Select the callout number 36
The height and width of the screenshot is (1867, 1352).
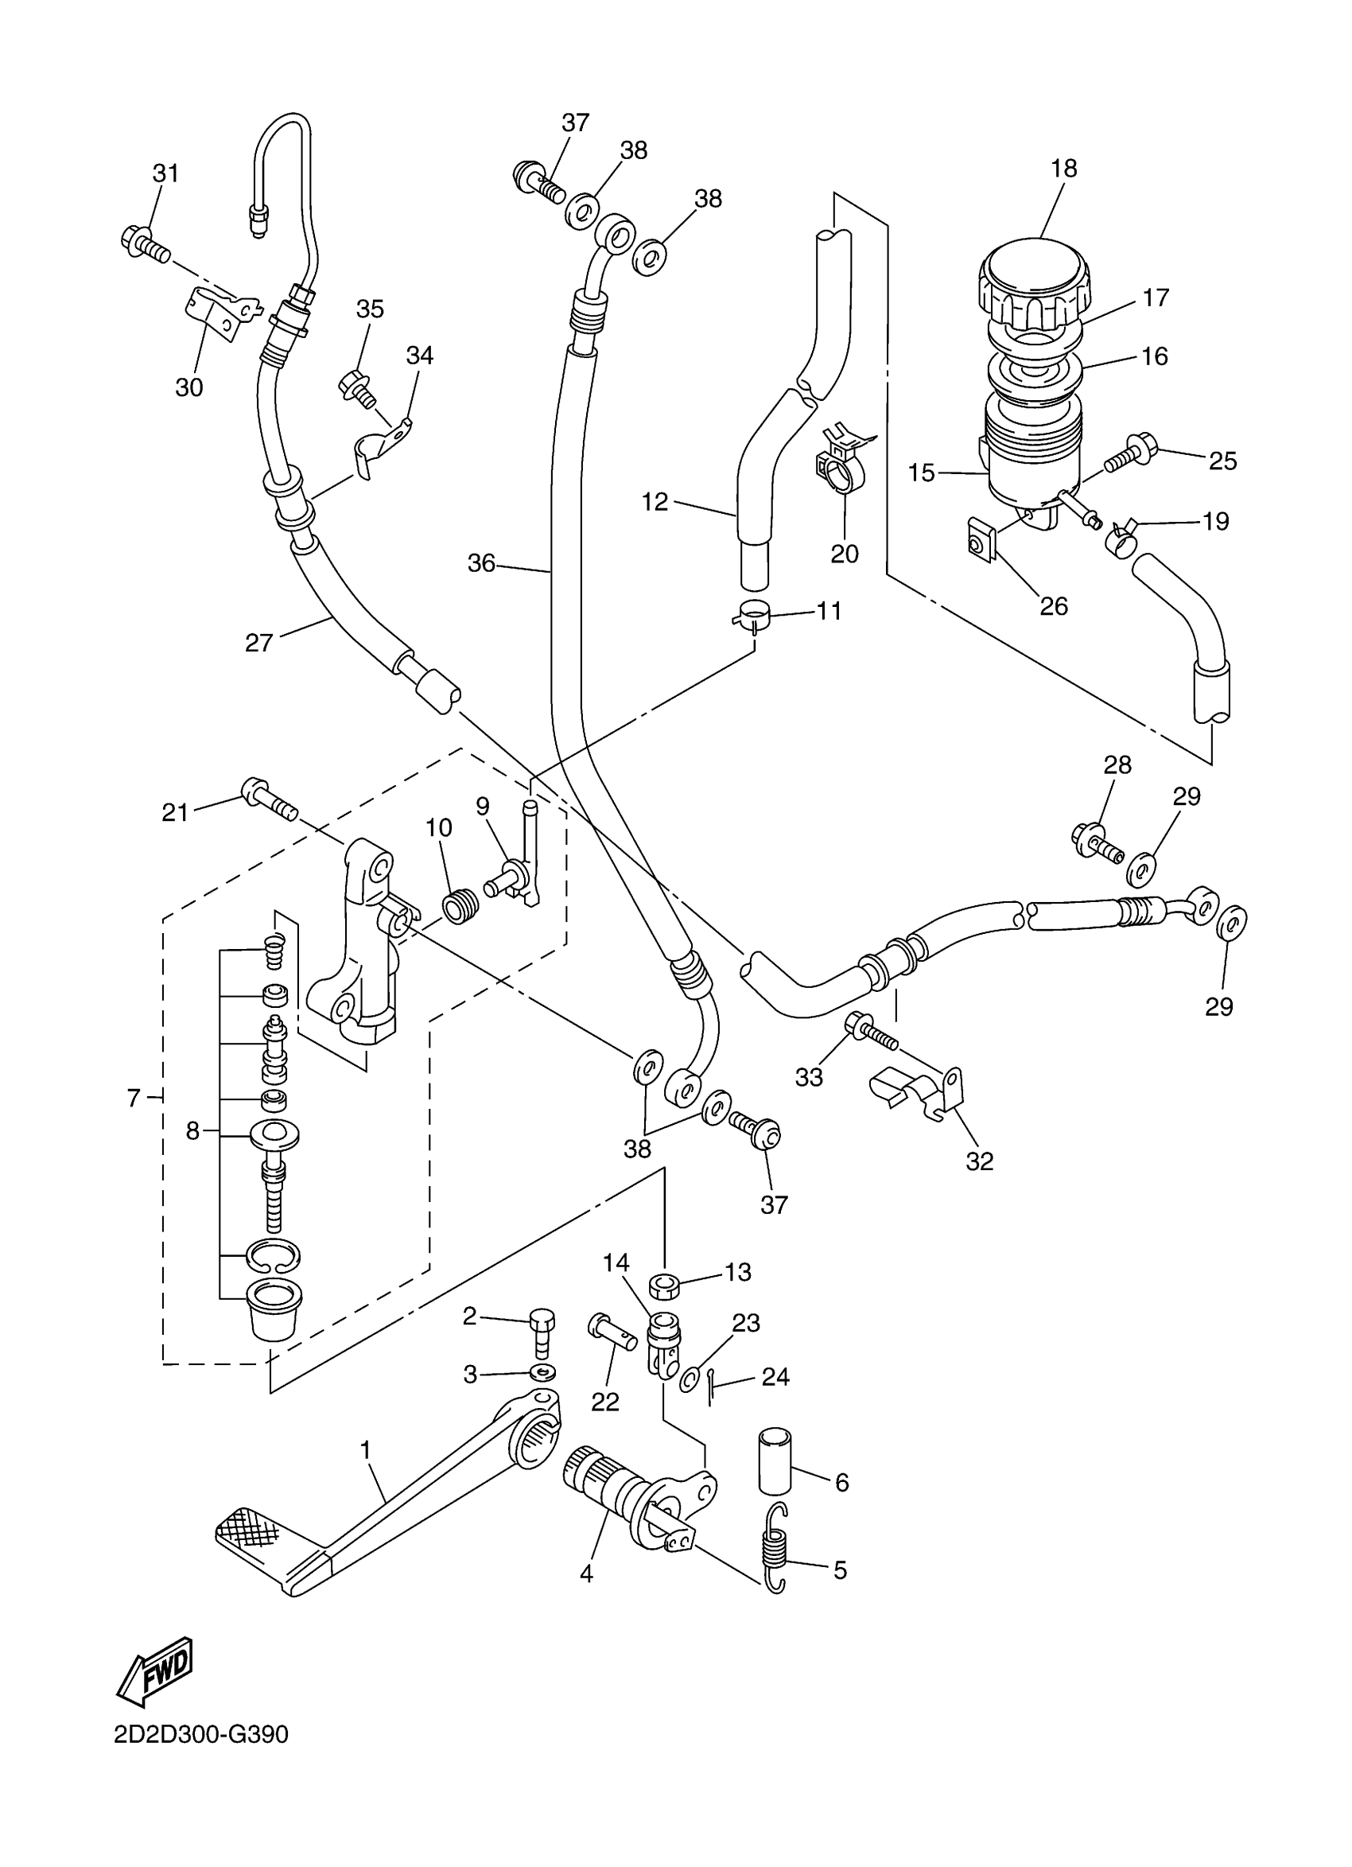(482, 563)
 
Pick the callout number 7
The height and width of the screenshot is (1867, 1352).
(134, 1097)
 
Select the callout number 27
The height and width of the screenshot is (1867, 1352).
(259, 642)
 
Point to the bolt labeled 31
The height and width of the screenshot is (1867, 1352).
(146, 243)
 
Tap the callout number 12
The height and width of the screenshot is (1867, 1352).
(655, 501)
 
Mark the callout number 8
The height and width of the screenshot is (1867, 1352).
(192, 1131)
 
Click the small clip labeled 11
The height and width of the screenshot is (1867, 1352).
(751, 615)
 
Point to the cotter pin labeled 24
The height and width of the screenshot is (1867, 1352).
(710, 1388)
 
